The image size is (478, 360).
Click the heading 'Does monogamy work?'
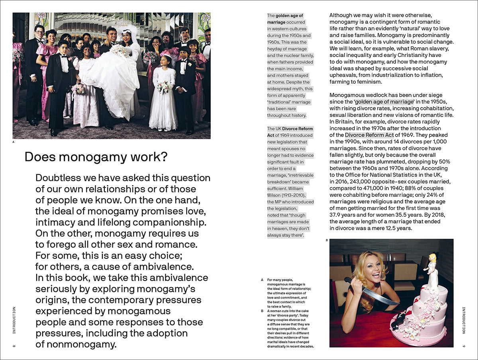(96, 157)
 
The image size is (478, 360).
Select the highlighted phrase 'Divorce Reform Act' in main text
(369, 135)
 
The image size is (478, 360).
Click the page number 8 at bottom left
(14, 346)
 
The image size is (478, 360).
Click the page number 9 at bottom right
(464, 346)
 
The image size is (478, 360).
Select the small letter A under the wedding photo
(14, 141)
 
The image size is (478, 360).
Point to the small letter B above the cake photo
(327, 240)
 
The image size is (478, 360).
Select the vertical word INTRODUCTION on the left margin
(14, 321)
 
